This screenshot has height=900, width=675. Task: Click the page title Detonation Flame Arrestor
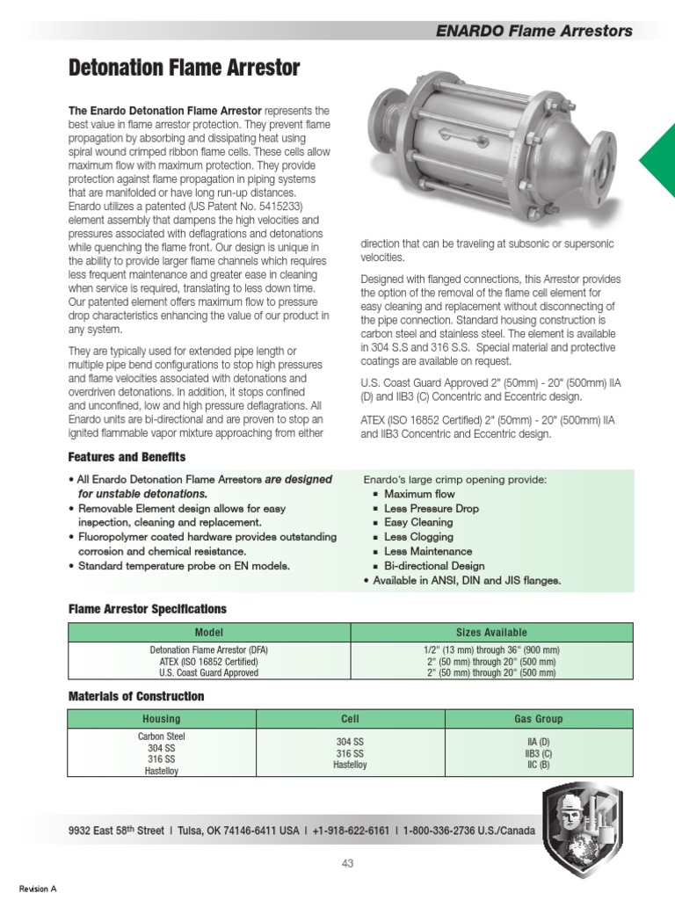point(185,68)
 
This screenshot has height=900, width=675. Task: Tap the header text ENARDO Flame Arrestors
point(534,31)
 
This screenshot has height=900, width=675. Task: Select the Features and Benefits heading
point(127,458)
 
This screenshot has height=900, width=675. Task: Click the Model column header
point(209,632)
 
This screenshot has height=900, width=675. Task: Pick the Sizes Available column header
point(491,632)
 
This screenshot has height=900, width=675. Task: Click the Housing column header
point(162,719)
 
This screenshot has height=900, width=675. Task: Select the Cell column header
point(351,719)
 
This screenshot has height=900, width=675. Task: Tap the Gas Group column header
point(538,719)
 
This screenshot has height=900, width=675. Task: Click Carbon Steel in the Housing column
point(162,737)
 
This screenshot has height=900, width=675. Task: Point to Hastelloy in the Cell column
point(351,766)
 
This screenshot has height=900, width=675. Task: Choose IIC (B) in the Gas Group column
point(538,765)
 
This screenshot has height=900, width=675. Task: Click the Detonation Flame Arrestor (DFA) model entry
point(209,650)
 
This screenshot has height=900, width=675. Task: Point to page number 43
point(347,863)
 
